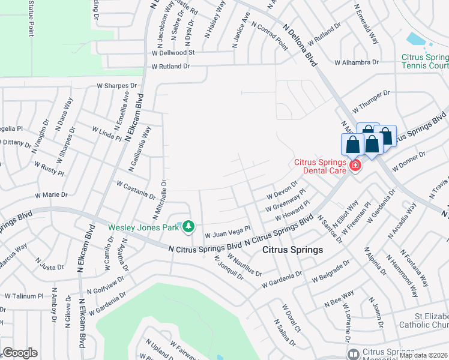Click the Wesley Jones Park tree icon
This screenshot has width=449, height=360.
189,226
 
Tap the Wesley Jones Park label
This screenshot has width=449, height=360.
143,227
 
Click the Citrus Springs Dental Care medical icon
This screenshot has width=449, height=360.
355,165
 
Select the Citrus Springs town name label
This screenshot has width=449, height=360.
293,250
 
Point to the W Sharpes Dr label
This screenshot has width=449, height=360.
117,86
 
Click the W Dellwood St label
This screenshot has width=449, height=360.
174,52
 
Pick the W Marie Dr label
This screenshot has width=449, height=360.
52,195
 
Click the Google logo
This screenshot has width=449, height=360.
20,353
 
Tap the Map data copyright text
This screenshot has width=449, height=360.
423,355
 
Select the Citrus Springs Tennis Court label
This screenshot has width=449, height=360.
425,62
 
